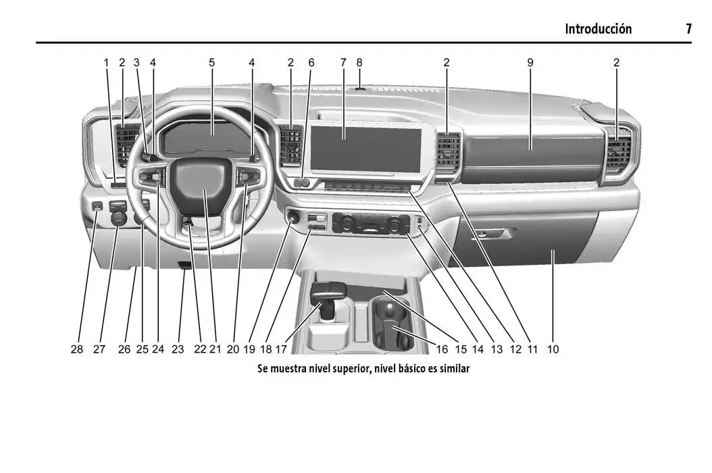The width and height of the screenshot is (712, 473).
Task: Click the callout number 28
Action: tap(77, 349)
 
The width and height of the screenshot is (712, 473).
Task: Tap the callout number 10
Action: tap(553, 349)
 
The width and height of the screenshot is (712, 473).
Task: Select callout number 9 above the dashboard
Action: tap(530, 63)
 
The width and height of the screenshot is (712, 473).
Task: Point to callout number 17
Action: tap(281, 349)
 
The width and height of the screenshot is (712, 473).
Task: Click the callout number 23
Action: tap(178, 349)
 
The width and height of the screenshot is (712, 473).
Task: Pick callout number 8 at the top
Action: tap(359, 63)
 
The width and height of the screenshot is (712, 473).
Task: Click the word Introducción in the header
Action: tap(598, 29)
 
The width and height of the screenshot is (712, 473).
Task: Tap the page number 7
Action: tap(688, 29)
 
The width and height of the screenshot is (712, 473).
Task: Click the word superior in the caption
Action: tap(352, 368)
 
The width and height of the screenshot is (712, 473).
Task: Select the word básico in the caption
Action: tap(412, 368)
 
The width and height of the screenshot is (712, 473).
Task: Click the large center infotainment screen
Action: tap(365, 149)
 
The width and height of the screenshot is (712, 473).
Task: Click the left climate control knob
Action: tap(348, 222)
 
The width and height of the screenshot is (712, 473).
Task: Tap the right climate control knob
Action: tap(394, 223)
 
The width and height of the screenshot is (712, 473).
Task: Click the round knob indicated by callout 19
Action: tap(293, 217)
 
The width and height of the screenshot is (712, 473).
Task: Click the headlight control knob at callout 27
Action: tap(118, 217)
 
